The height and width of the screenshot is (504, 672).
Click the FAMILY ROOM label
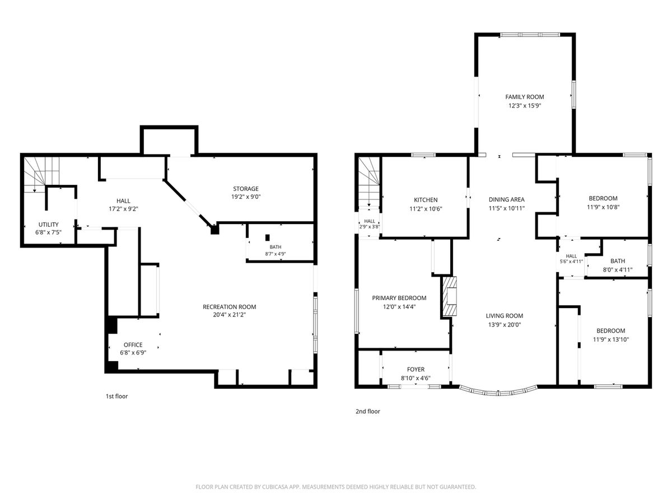coord(524,97)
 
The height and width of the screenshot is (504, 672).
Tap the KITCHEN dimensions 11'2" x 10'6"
coord(426,209)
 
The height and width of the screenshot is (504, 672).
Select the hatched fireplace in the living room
coord(450,296)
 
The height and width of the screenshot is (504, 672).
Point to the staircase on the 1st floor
coord(42,174)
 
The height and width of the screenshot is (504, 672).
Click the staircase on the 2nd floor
coord(369,183)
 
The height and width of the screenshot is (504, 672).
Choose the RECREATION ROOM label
coord(229,307)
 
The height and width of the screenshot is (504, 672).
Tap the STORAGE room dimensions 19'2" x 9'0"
coord(246,197)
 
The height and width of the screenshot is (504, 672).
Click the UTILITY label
coord(48,225)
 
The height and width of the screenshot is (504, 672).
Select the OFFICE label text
coord(133,344)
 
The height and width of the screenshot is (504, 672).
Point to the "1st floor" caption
coord(116,396)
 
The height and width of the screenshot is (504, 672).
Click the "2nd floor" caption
coord(368,411)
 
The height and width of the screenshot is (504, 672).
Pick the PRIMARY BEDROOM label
coord(399,298)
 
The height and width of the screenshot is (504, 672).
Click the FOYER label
coord(416,370)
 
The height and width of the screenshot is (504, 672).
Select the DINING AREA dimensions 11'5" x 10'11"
coord(507,208)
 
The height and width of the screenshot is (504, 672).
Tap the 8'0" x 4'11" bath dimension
coord(618,270)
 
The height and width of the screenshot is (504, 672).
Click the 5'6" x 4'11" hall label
coord(571,262)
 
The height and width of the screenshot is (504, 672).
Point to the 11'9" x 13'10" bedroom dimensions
coord(611,339)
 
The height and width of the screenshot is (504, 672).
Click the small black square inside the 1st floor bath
coord(268,237)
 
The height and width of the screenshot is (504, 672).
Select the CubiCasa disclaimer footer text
coord(336,487)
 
